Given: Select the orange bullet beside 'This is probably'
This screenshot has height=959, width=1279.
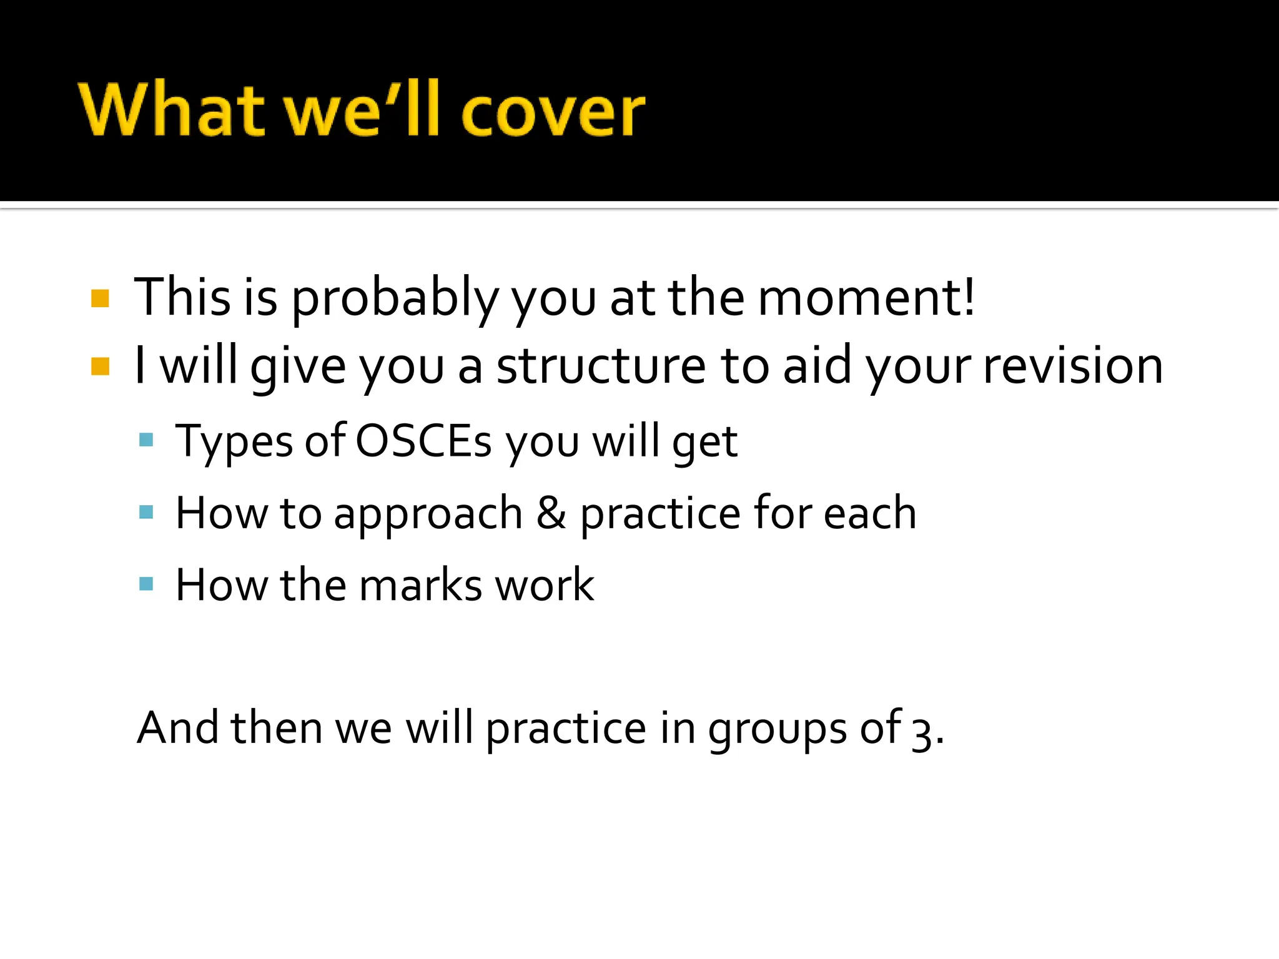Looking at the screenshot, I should (x=100, y=298).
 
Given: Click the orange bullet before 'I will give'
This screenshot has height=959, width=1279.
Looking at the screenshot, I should (x=100, y=366).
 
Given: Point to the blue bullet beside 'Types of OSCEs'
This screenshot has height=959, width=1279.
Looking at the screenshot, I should (x=146, y=440).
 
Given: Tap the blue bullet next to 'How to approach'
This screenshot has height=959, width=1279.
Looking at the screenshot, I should (x=146, y=512).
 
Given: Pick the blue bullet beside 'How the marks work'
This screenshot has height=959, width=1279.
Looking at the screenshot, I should (x=146, y=584).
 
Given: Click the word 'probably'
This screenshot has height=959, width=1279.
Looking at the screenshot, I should (x=395, y=300).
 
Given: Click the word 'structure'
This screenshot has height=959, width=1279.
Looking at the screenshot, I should (x=601, y=366).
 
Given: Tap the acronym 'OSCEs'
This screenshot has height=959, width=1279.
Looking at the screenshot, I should (x=423, y=441).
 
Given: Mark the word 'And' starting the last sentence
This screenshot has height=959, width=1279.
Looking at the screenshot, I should (x=177, y=728).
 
